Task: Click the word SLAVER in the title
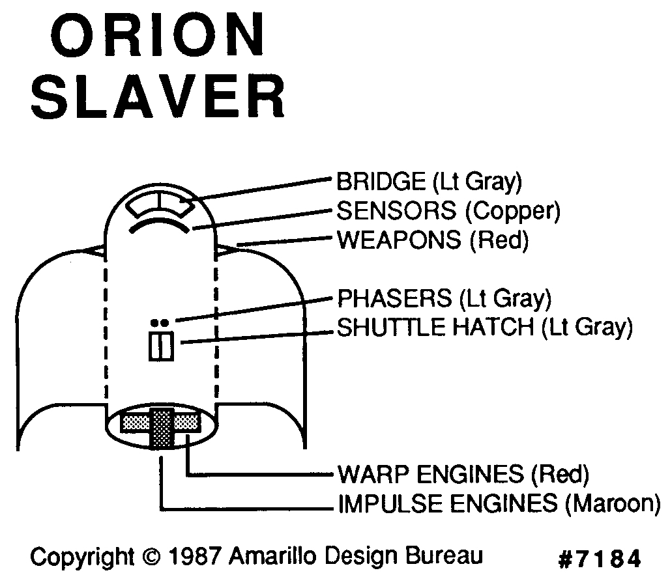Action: click(x=158, y=98)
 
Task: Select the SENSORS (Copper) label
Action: click(x=448, y=210)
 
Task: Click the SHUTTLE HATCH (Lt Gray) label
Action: click(x=484, y=327)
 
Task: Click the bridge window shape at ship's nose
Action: click(x=160, y=207)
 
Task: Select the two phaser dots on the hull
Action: click(x=160, y=322)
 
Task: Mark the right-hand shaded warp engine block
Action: click(x=186, y=422)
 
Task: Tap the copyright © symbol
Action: click(x=150, y=557)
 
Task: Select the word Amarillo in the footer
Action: click(x=270, y=557)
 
